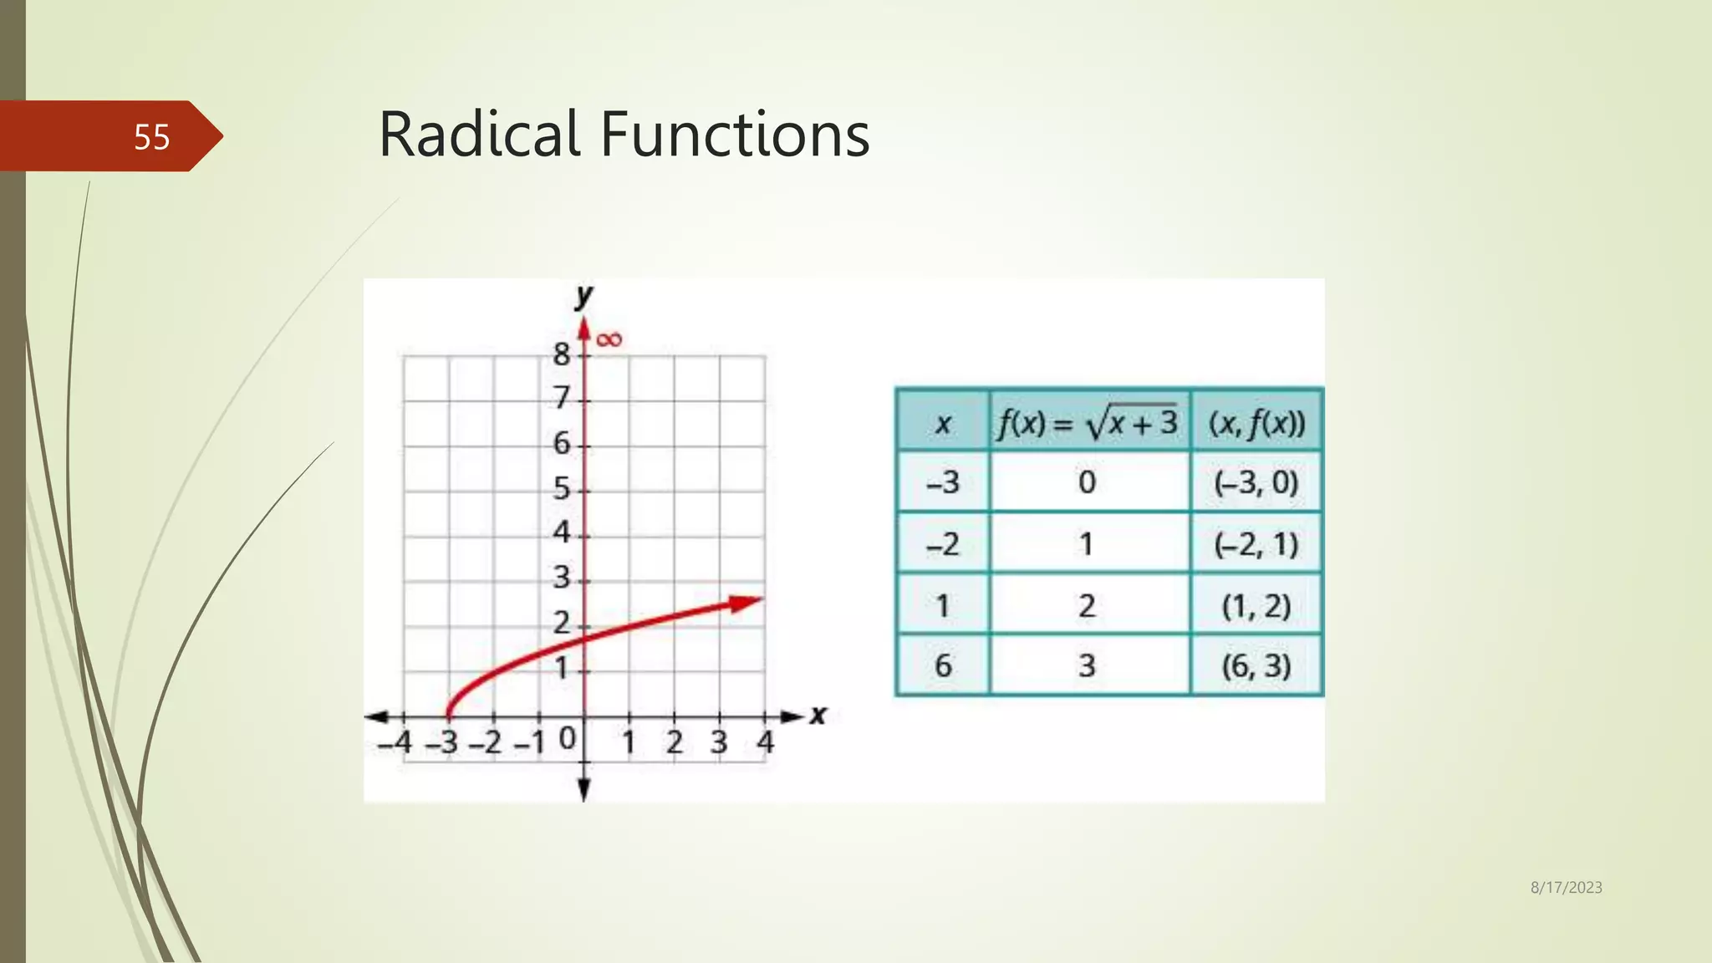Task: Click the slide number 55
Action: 151,137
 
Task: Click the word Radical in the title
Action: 478,135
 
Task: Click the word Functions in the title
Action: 735,135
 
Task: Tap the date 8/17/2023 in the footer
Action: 1566,888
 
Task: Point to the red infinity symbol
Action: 609,339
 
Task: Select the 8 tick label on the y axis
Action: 562,354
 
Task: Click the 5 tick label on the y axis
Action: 562,488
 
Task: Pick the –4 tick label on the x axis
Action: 395,742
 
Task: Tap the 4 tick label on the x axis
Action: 766,742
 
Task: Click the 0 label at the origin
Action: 567,738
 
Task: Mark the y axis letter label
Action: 583,295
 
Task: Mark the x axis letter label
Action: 818,716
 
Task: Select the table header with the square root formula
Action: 1088,422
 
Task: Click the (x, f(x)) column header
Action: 1256,423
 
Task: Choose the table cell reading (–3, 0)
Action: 1256,483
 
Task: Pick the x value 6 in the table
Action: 943,666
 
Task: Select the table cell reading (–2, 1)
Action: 1256,545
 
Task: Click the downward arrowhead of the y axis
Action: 584,789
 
